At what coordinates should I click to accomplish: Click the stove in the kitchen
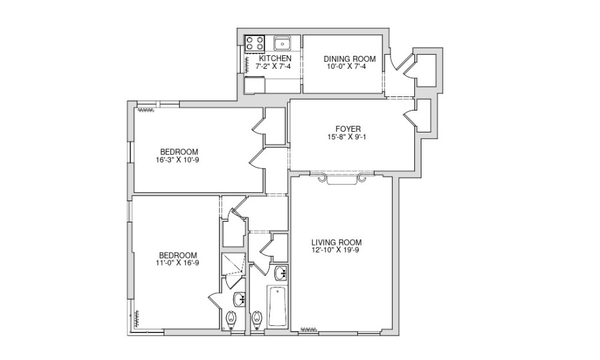click(255, 43)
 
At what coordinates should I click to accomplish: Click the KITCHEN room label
click(276, 59)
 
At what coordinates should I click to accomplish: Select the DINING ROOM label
click(349, 59)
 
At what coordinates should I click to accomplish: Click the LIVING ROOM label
click(337, 242)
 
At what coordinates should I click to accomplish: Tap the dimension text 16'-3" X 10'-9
click(177, 159)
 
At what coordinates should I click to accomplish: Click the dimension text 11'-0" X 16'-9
click(177, 263)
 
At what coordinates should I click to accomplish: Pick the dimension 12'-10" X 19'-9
click(335, 250)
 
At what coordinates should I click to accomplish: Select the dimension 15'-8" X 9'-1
click(345, 137)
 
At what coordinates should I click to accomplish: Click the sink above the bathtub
click(281, 273)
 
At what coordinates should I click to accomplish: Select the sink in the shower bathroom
click(240, 300)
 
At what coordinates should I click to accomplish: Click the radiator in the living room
click(309, 328)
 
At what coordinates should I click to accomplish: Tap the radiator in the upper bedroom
click(145, 111)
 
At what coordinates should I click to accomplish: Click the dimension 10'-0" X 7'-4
click(348, 67)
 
